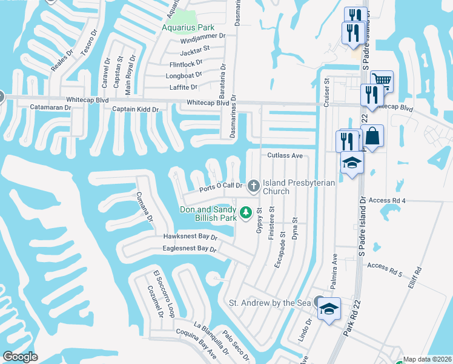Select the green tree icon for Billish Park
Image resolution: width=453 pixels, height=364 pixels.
245,212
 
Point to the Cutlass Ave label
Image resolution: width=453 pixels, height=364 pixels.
285,156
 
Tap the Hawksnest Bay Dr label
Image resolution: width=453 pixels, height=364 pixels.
190,237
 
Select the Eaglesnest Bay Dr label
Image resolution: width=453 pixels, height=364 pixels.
190,249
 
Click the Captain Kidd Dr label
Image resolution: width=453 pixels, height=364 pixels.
136,109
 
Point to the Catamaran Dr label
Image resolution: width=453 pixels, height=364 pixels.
51,107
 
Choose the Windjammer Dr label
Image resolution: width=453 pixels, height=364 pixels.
202,36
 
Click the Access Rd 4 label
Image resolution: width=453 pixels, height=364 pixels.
386,200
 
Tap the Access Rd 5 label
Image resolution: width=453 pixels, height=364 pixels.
385,266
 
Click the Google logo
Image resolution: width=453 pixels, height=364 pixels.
20,357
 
